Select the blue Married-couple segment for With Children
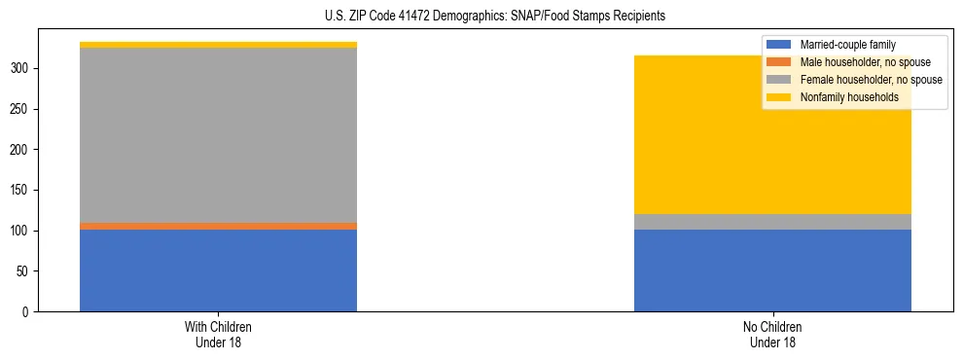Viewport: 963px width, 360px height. coord(218,270)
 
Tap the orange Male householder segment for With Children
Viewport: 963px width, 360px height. coord(218,226)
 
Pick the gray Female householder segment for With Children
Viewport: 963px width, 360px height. coord(218,134)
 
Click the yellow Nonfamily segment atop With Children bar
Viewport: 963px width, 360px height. coord(218,45)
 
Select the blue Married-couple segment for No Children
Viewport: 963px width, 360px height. coord(772,270)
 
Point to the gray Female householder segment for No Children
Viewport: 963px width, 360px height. coord(772,222)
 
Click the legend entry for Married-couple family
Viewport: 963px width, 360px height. coord(847,44)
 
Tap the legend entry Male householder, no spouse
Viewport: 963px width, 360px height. coord(856,61)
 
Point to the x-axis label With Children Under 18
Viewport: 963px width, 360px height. coord(218,334)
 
